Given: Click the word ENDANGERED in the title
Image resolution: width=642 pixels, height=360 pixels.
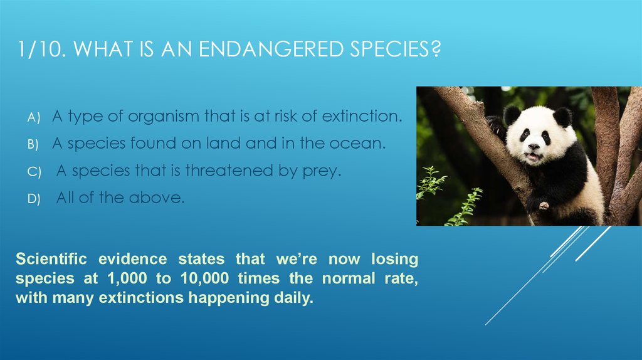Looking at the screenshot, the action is coord(271,49).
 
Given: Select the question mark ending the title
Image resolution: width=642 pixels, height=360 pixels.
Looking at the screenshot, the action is coord(436,49).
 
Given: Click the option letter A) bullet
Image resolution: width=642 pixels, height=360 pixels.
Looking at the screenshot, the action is coord(34,117).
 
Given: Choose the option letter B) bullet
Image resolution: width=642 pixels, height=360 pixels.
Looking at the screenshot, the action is coord(33,145).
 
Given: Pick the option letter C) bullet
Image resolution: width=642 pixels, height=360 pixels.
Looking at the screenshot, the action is coord(34,172).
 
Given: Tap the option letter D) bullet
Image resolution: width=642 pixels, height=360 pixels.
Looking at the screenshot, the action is coord(34,199).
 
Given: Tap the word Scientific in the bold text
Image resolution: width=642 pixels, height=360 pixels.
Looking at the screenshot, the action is coord(51,259).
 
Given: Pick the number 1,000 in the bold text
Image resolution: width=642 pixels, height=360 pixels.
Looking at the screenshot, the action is coord(127,278).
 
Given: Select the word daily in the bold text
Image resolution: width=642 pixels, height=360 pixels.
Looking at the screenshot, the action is coord(293,298).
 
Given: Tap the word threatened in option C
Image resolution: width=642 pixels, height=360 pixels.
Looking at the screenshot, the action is coord(229,171).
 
